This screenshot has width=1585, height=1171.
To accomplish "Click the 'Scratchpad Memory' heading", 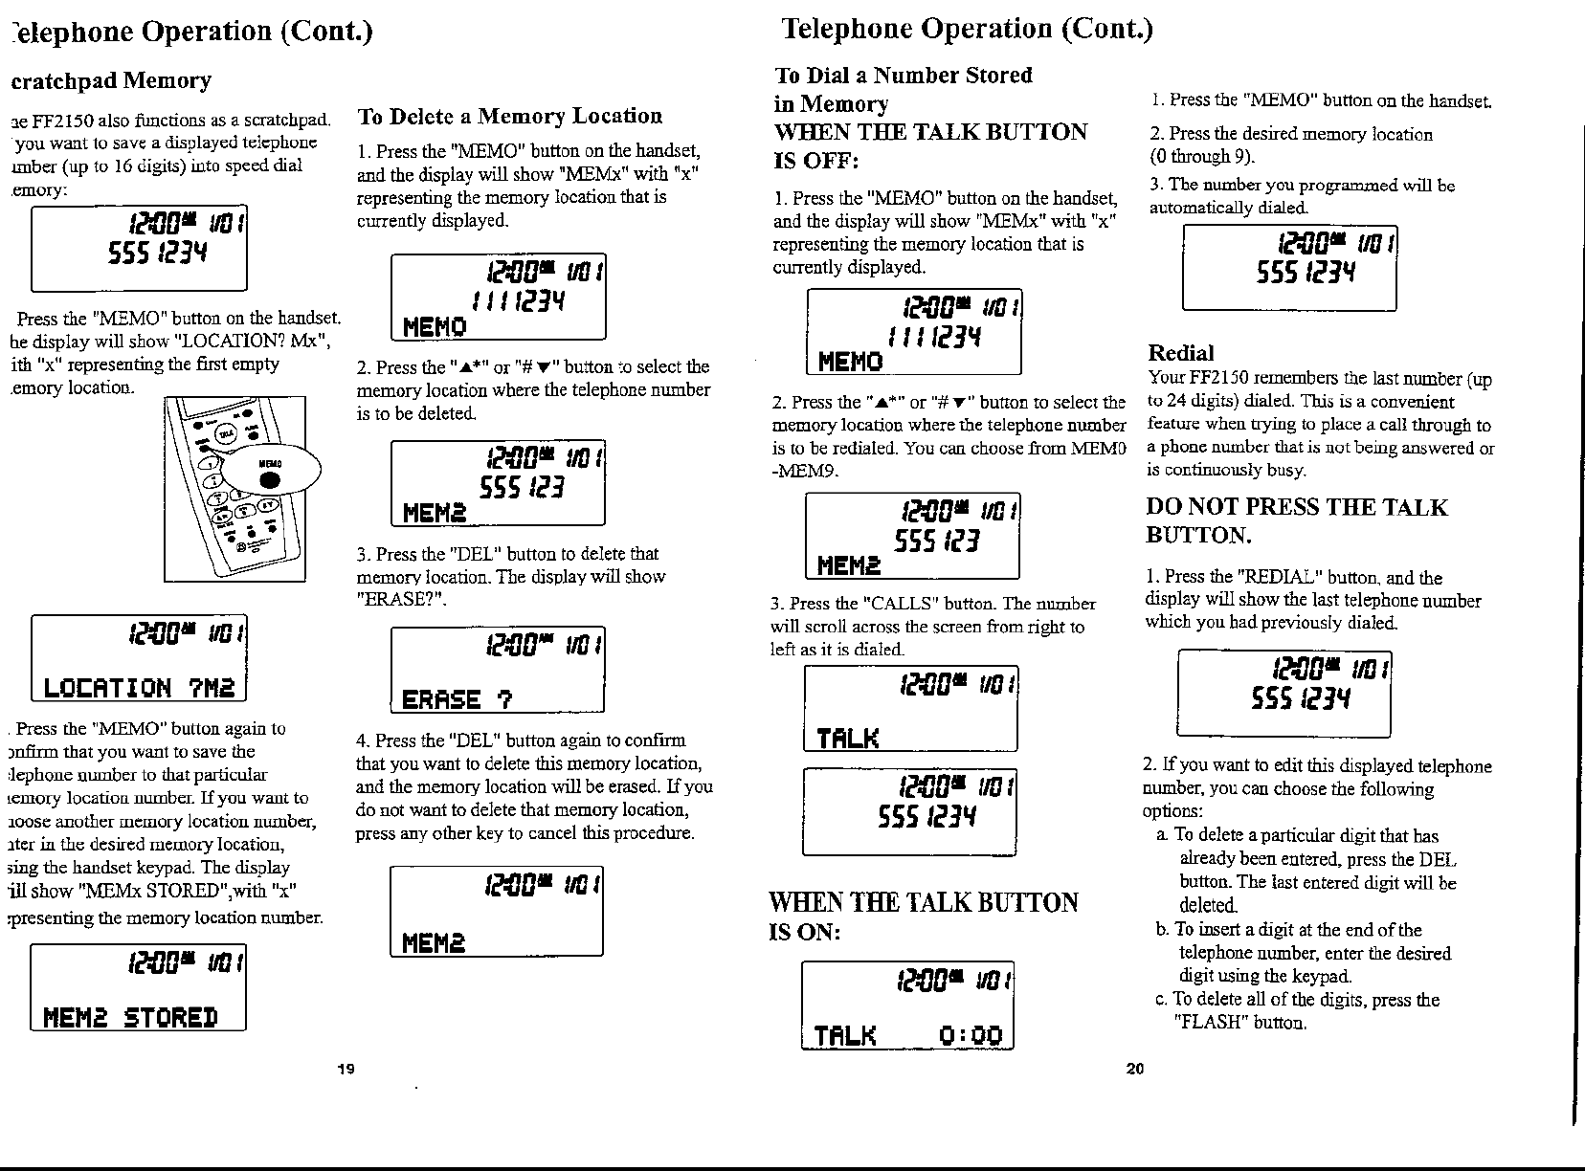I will (111, 80).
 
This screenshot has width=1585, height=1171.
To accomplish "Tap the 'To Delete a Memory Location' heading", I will (509, 117).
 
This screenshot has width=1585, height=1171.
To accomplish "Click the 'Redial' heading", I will (1181, 353).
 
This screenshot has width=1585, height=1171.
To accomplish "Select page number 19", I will (346, 1069).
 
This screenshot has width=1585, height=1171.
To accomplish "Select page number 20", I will (1135, 1069).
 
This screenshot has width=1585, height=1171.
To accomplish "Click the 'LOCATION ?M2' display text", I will (140, 687).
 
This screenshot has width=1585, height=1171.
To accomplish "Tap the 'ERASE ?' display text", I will (458, 699).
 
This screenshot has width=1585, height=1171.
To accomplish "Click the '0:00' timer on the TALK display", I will (970, 1036).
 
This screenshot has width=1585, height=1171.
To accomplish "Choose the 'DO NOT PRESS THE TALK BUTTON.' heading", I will (1296, 520).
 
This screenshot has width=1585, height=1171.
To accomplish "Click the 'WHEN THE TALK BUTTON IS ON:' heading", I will (924, 916).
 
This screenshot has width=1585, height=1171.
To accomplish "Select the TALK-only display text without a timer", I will (847, 738).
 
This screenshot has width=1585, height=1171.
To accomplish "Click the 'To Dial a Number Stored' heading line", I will (903, 76).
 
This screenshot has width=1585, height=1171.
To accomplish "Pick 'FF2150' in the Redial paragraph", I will (1215, 379).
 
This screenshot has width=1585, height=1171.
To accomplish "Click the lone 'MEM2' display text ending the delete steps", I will (434, 943).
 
